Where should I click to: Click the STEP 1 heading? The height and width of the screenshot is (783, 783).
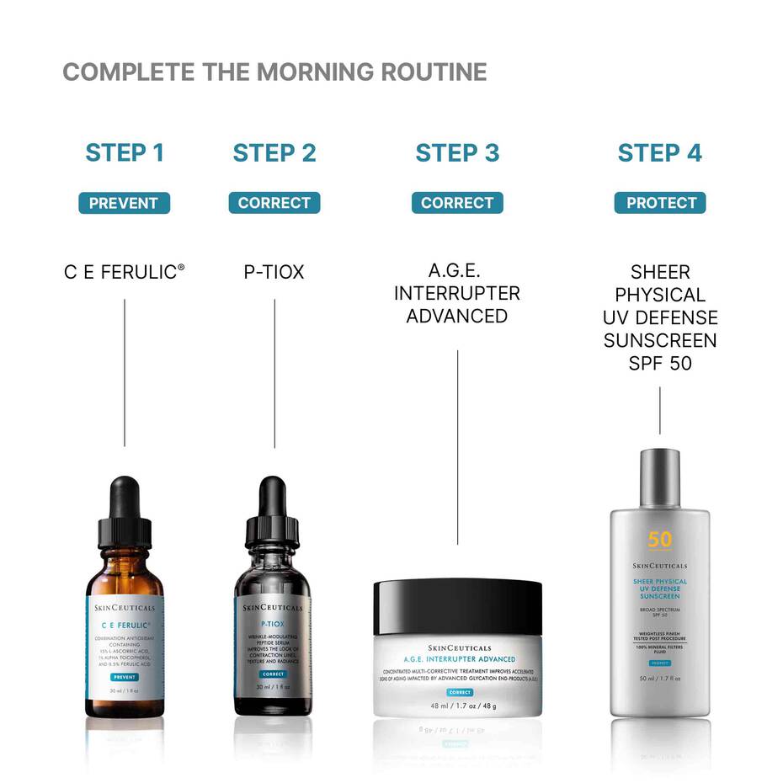(125, 152)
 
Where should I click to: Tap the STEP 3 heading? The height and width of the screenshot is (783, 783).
(457, 152)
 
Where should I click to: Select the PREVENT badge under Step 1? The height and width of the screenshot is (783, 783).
(124, 203)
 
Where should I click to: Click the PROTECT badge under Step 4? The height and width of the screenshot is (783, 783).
(660, 203)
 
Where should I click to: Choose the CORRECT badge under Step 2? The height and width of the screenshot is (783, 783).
(274, 203)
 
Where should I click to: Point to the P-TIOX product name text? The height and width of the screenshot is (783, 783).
(274, 272)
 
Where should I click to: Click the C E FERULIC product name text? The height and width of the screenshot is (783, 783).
(124, 272)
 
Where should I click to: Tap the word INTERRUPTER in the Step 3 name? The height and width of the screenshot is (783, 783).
(457, 294)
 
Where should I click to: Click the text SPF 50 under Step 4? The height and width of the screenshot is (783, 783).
(660, 364)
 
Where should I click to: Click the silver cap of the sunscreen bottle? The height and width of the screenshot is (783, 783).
(660, 477)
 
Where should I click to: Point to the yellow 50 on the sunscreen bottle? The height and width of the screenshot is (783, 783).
(660, 540)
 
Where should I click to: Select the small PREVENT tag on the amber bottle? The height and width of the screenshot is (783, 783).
(124, 676)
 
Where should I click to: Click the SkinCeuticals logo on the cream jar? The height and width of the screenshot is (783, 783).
(457, 647)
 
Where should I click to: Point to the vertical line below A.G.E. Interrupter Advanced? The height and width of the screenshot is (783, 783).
(457, 446)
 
